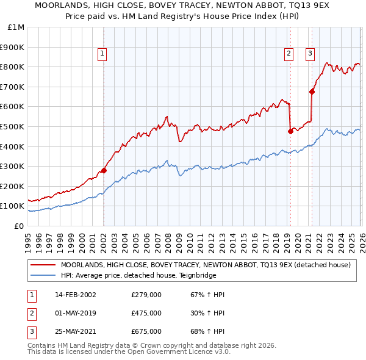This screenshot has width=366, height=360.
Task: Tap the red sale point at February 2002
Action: [104, 170]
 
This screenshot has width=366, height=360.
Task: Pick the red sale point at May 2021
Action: [312, 92]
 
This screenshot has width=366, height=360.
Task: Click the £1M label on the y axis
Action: [16, 27]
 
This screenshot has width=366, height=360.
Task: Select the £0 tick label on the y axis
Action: [19, 226]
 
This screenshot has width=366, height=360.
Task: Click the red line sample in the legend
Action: [43, 265]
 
